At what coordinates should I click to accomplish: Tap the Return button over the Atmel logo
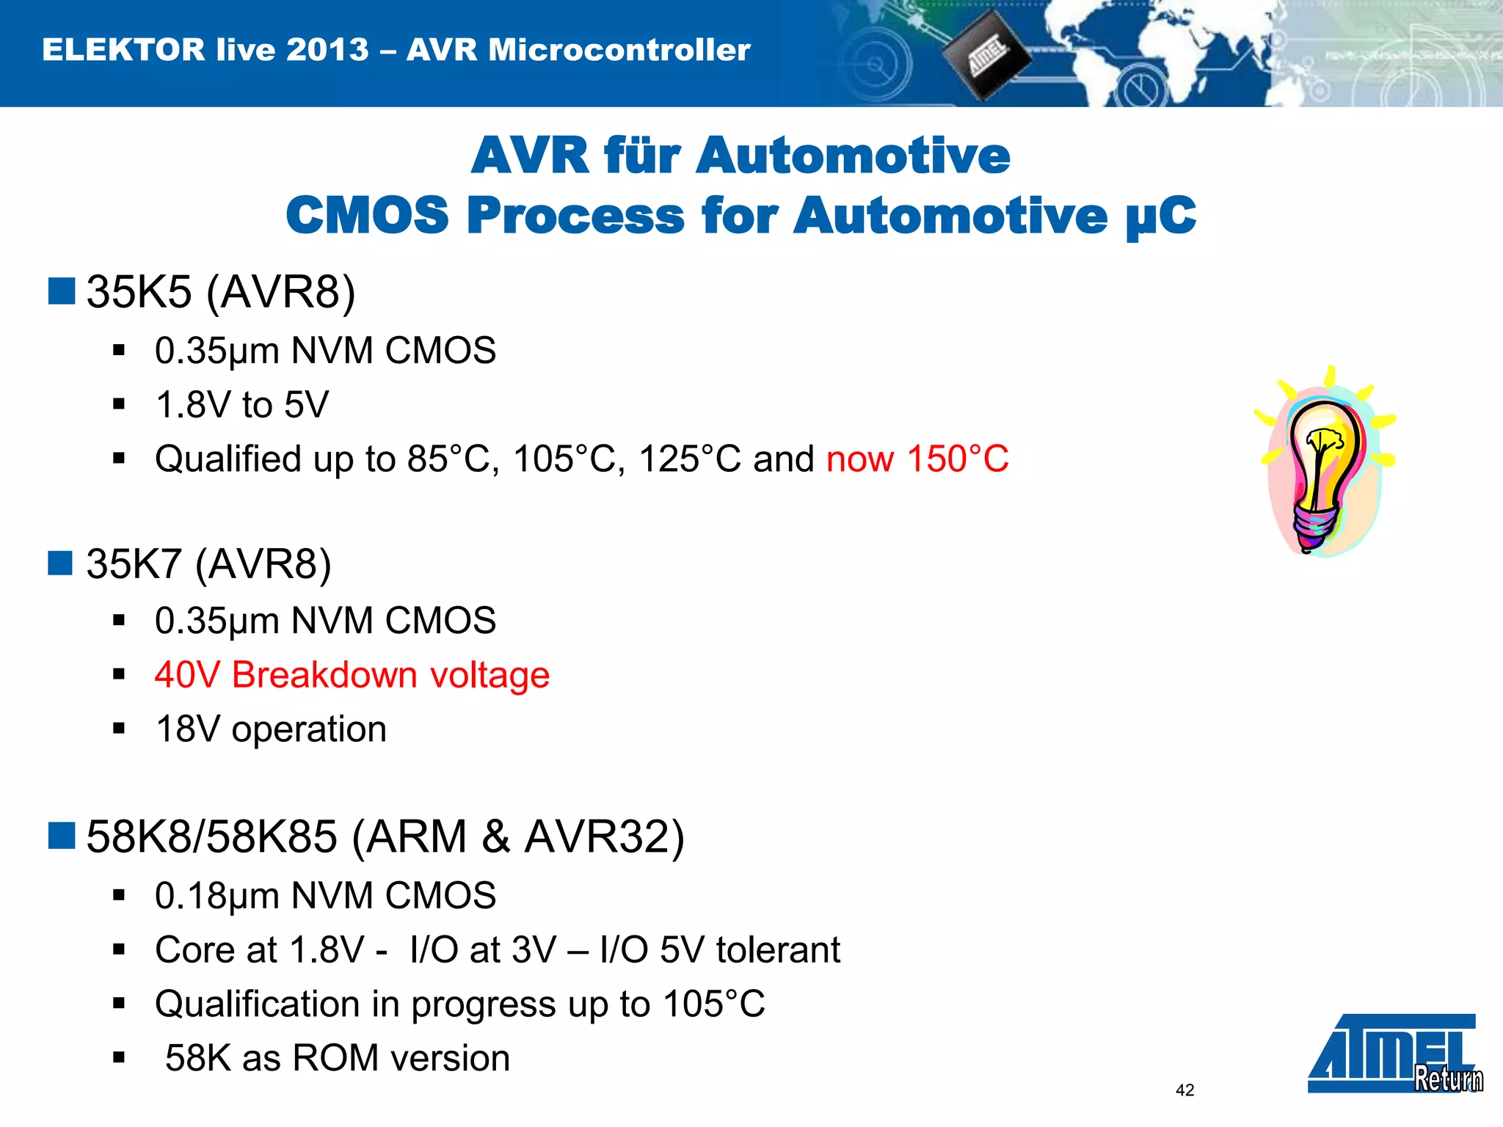point(1448,1079)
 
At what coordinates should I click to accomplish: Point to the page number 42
point(1184,1090)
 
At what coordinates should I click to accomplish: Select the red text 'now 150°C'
point(917,459)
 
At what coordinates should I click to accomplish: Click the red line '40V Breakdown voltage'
point(352,675)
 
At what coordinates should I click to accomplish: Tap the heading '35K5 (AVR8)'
point(220,292)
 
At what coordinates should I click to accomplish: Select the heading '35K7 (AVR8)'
point(208,564)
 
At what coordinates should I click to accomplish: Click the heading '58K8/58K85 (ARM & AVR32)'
point(385,836)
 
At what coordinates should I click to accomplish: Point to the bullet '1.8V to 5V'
point(242,405)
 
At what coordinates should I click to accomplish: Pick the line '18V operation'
point(271,729)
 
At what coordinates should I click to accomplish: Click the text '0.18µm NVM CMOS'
point(325,896)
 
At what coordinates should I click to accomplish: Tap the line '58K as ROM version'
point(337,1058)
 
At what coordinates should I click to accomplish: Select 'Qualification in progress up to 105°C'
point(459,1004)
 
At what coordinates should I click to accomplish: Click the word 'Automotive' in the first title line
point(852,156)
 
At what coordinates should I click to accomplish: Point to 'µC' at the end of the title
point(1161,217)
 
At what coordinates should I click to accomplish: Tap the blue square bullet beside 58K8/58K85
point(62,836)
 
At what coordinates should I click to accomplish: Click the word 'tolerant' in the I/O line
point(778,950)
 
